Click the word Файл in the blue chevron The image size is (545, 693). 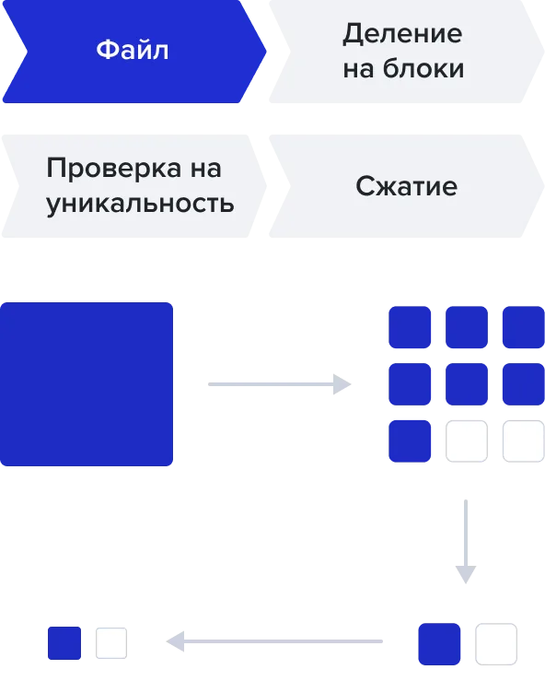[x=133, y=50]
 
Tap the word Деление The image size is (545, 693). [x=403, y=34]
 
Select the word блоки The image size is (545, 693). [x=423, y=68]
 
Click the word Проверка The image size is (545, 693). [x=113, y=169]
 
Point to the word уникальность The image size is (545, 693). [x=140, y=204]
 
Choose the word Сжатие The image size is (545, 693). [x=406, y=186]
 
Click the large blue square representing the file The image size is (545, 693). [x=87, y=384]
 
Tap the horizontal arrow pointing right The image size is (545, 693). [x=280, y=384]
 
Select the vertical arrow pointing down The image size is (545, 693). [x=466, y=542]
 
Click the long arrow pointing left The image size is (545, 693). [x=274, y=641]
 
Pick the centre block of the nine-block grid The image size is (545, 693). [x=467, y=384]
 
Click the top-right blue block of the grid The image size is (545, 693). [x=524, y=327]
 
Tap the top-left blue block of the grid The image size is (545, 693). [x=410, y=327]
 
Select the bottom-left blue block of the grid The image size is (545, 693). [x=410, y=441]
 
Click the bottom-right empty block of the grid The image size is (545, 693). [x=524, y=441]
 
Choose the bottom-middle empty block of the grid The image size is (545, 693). [x=467, y=441]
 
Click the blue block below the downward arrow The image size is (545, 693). [x=439, y=644]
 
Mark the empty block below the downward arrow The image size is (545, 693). [x=496, y=644]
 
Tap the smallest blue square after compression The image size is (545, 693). [x=64, y=643]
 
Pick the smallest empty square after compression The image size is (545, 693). [x=111, y=643]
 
